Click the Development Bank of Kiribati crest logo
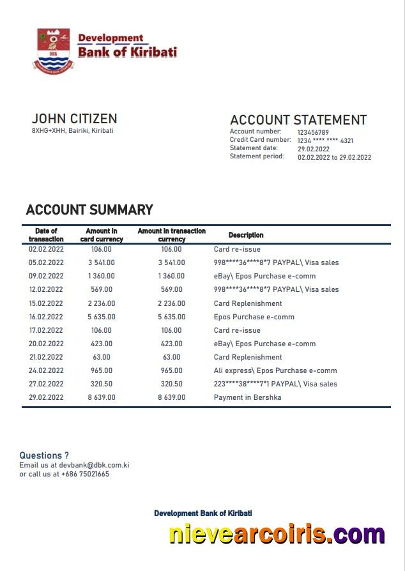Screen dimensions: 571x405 (53, 49)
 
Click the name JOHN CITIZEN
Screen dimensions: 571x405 (74, 119)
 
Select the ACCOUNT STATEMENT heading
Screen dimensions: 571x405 (298, 120)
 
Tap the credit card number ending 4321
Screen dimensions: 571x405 (325, 141)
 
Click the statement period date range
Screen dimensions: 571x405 (334, 157)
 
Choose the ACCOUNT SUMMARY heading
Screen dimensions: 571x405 (89, 210)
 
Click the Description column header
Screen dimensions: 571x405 (246, 235)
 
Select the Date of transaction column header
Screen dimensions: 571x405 (46, 235)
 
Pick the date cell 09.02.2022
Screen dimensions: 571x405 (46, 277)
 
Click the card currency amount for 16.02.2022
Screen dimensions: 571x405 (102, 317)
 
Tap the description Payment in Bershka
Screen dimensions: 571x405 (247, 397)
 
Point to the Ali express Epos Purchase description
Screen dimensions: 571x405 (275, 370)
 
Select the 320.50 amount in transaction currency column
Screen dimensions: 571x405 (172, 384)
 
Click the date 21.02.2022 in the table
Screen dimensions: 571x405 (46, 357)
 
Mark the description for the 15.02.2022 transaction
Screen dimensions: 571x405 (248, 303)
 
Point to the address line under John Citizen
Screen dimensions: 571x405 (72, 130)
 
